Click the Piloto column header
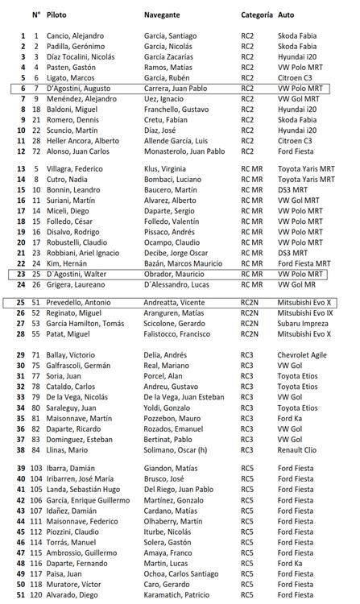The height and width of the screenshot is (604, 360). pyautogui.click(x=56, y=14)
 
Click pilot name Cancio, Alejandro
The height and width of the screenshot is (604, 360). pyautogui.click(x=76, y=36)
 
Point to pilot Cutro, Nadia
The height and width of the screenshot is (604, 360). pyautogui.click(x=68, y=179)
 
